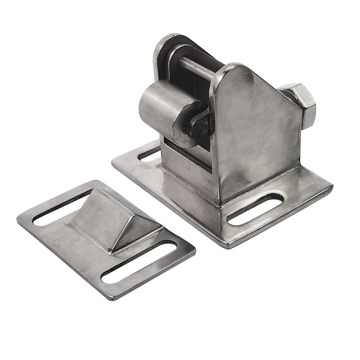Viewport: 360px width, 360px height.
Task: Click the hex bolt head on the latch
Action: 301,104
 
